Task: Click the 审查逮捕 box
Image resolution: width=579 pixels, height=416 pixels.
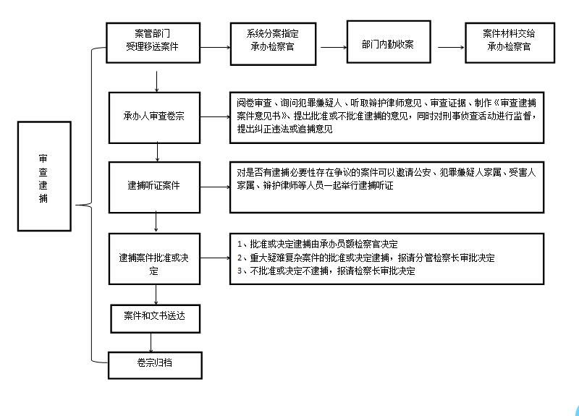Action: point(44,176)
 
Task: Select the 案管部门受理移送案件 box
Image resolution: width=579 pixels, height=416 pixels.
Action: point(153,43)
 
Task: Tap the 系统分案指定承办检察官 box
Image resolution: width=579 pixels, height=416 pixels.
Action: point(274,44)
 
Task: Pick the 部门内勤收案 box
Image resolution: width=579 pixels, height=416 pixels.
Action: point(389,42)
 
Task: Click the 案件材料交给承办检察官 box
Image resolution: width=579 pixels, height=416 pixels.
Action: point(510,43)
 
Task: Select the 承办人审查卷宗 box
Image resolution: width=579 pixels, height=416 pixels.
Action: point(154,118)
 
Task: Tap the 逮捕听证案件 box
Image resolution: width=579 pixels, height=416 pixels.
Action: point(154,187)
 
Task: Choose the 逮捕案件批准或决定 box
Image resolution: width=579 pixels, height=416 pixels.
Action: point(154,259)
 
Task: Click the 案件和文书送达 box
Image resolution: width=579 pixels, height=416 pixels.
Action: point(155,318)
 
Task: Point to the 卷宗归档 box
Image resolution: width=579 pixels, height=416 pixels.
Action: point(155,365)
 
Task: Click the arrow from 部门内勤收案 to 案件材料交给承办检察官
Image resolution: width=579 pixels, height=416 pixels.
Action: point(451,47)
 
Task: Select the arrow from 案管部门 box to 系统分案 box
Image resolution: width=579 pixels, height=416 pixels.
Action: point(215,47)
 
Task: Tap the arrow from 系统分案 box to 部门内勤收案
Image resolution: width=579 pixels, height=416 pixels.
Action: point(334,47)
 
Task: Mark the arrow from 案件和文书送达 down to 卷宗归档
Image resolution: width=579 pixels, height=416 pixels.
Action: point(151,342)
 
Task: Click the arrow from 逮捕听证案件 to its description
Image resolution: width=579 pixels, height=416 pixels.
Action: point(215,187)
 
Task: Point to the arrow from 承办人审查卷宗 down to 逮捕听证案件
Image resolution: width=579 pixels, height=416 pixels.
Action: point(157,152)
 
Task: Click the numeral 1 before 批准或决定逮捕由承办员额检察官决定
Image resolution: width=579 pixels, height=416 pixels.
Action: point(240,245)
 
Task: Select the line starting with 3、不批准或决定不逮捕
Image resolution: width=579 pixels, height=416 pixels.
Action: point(326,271)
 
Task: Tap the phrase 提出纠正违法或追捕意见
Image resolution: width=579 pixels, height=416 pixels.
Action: point(284,129)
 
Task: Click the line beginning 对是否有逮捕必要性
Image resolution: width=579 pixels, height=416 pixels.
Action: point(386,172)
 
